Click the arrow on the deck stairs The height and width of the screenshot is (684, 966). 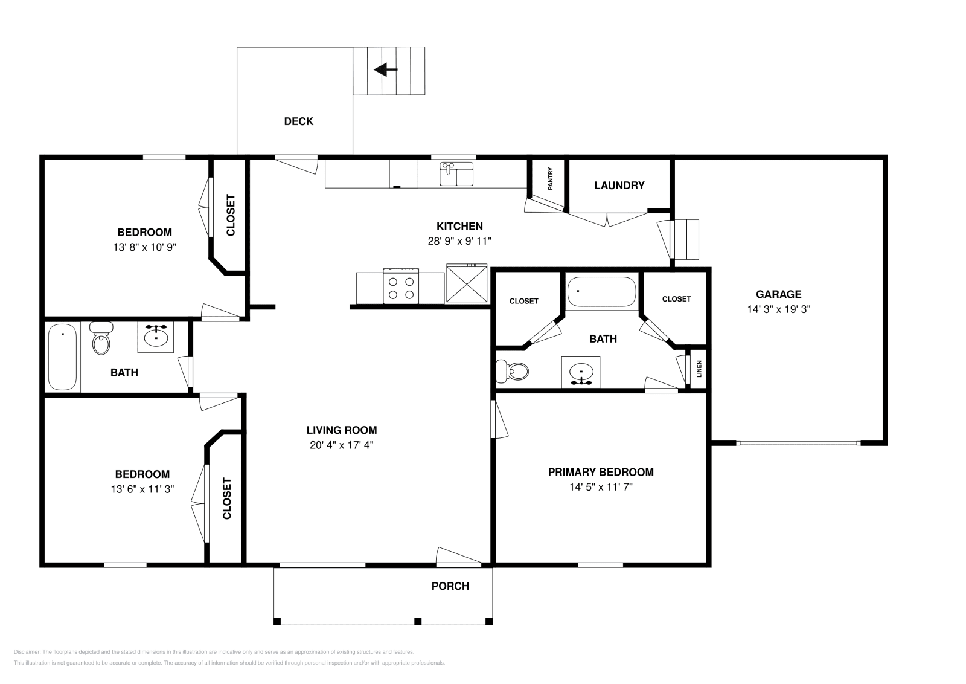click(385, 70)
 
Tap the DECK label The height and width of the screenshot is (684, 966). click(298, 121)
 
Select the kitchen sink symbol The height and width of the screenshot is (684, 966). click(456, 174)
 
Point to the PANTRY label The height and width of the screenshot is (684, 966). click(550, 179)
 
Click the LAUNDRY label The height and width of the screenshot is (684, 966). click(619, 186)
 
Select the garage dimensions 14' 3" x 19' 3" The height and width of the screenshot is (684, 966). click(778, 309)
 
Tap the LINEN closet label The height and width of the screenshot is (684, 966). click(699, 369)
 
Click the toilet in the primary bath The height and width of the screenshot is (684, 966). click(511, 370)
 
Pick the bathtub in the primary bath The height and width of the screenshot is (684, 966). click(601, 291)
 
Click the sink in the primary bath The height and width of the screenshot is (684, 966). click(581, 372)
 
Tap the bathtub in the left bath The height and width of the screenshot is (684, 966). click(63, 357)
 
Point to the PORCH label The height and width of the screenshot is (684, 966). click(450, 586)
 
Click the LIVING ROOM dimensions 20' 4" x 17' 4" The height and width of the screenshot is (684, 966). click(341, 445)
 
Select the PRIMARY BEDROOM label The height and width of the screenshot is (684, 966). click(600, 472)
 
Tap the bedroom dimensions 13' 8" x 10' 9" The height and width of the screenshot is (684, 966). click(144, 247)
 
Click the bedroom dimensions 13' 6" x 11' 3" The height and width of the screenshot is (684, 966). click(142, 489)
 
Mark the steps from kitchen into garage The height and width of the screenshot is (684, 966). click(685, 239)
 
